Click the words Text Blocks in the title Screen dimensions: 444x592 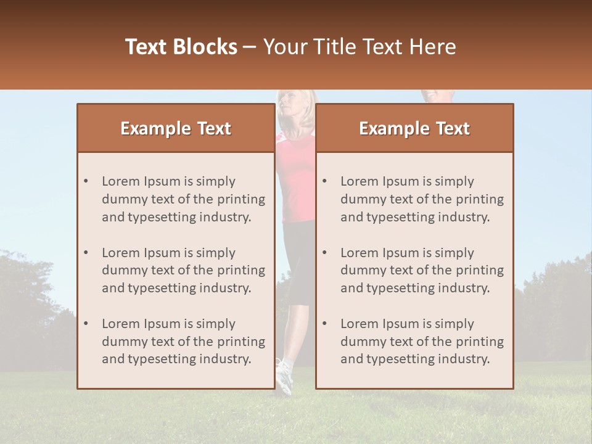pyautogui.click(x=181, y=47)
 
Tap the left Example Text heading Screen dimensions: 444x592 pyautogui.click(x=176, y=128)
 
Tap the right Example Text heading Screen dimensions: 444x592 pyautogui.click(x=414, y=128)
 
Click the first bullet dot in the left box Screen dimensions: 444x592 pyautogui.click(x=86, y=181)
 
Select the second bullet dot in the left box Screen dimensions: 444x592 pyautogui.click(x=86, y=253)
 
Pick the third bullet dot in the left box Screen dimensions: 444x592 pyautogui.click(x=86, y=324)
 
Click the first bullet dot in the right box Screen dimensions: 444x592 pyautogui.click(x=325, y=181)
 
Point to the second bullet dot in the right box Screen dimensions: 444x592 pyautogui.click(x=325, y=253)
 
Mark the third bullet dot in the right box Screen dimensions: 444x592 pyautogui.click(x=325, y=324)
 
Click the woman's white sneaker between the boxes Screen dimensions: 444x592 pyautogui.click(x=284, y=376)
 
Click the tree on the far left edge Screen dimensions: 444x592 pyautogui.click(x=25, y=290)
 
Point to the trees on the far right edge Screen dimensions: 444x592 pyautogui.click(x=555, y=308)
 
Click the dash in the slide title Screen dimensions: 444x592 pyautogui.click(x=250, y=47)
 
